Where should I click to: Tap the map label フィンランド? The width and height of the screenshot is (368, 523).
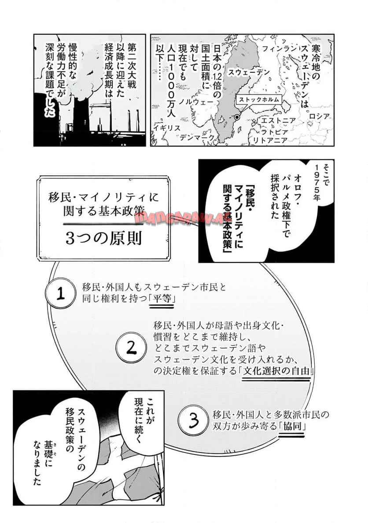[x=279, y=49]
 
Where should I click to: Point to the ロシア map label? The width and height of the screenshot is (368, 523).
[x=319, y=116]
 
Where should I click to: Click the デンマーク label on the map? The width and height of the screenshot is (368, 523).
[x=197, y=137]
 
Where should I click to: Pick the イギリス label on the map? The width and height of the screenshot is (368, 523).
[x=167, y=127]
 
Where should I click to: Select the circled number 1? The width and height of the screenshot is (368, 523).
[x=60, y=294]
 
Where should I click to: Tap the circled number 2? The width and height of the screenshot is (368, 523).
[x=131, y=347]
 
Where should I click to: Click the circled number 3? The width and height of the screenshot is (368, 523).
[x=194, y=420]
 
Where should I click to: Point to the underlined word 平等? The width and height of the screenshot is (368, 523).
[x=162, y=298]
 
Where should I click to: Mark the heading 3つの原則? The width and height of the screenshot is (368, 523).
[x=103, y=238]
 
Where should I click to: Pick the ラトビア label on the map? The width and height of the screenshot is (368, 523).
[x=274, y=132]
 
